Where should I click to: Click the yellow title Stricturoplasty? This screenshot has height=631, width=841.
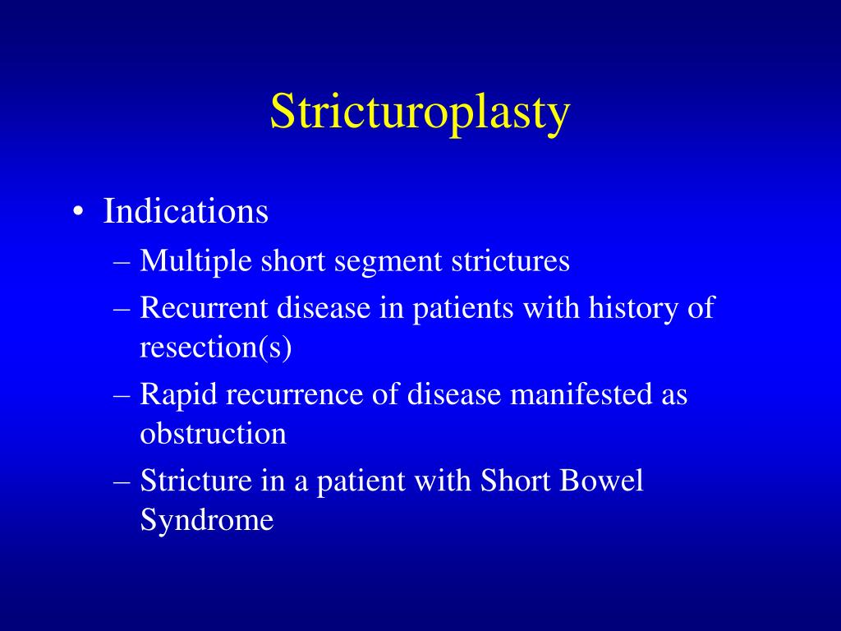tap(420, 112)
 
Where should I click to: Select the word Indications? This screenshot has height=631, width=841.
tap(186, 212)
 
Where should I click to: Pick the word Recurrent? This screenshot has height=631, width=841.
tap(204, 309)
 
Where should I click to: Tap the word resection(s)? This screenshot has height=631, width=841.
tap(216, 348)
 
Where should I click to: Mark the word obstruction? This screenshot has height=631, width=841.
tap(213, 433)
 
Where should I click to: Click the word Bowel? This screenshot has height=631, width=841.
tap(602, 481)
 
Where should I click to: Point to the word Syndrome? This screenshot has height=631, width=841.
tap(206, 520)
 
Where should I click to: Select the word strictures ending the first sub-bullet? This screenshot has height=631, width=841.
tap(510, 262)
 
